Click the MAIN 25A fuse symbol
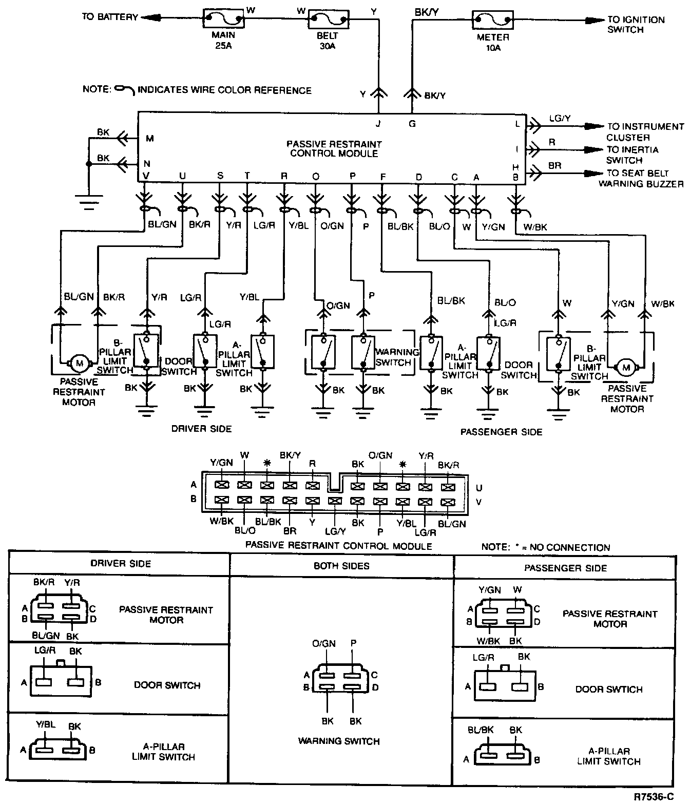(224, 18)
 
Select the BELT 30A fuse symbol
(328, 19)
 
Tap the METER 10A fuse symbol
(492, 20)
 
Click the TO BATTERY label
(110, 17)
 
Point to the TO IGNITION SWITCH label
(636, 25)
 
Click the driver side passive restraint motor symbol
(80, 363)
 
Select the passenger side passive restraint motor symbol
(626, 367)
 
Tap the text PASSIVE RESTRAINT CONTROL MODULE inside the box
(334, 149)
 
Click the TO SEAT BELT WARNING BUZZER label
(641, 179)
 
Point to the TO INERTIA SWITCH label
(632, 155)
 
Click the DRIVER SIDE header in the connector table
(121, 564)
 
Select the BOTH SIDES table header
(341, 566)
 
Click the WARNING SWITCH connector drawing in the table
(340, 678)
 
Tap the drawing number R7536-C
(654, 797)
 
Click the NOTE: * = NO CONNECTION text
(546, 547)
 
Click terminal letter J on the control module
(378, 124)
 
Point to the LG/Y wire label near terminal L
(560, 118)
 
